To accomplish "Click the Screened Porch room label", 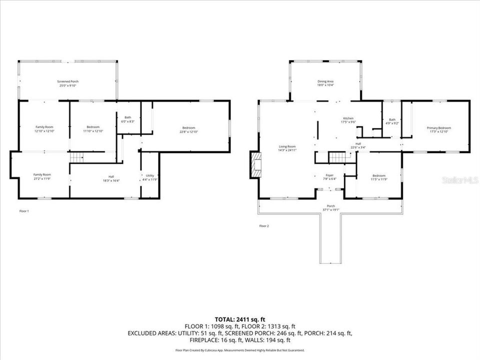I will (x=67, y=83).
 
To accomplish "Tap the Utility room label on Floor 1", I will (x=150, y=177).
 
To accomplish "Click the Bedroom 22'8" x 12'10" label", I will (x=188, y=129).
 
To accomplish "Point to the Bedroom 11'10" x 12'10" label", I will (x=93, y=129).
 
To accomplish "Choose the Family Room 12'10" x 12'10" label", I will (x=44, y=129).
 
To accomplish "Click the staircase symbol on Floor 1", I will (x=75, y=158).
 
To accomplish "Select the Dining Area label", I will (x=325, y=83).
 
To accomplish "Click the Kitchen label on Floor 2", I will (x=348, y=120).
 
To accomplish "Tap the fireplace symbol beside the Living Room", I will (x=255, y=165).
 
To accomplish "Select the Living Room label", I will (x=287, y=148).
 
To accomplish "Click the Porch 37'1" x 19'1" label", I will (x=330, y=207).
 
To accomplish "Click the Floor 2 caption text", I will (x=264, y=226).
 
